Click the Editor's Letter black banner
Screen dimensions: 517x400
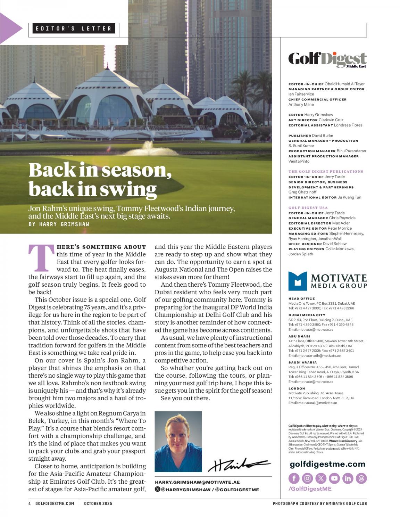coord(74,28)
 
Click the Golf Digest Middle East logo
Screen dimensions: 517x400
coord(327,60)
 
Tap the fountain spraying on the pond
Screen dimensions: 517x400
coord(150,148)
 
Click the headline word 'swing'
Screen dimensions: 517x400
coord(128,189)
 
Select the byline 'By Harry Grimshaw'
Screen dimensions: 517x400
coord(59,224)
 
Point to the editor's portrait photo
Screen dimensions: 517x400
coord(178,441)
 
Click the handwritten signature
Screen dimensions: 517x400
coord(239,464)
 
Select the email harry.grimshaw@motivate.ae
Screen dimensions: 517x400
coord(197,482)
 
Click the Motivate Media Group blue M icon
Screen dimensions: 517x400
coord(298,281)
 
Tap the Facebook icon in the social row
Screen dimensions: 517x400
coord(294,478)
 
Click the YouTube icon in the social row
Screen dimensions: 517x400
coord(334,478)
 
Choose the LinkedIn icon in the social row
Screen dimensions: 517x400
coord(348,478)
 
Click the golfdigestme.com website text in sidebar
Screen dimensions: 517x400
coord(327,464)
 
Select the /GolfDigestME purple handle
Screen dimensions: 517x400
coord(310,489)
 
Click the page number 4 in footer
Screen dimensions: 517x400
coord(30,503)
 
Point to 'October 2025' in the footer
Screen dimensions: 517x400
coord(98,503)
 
